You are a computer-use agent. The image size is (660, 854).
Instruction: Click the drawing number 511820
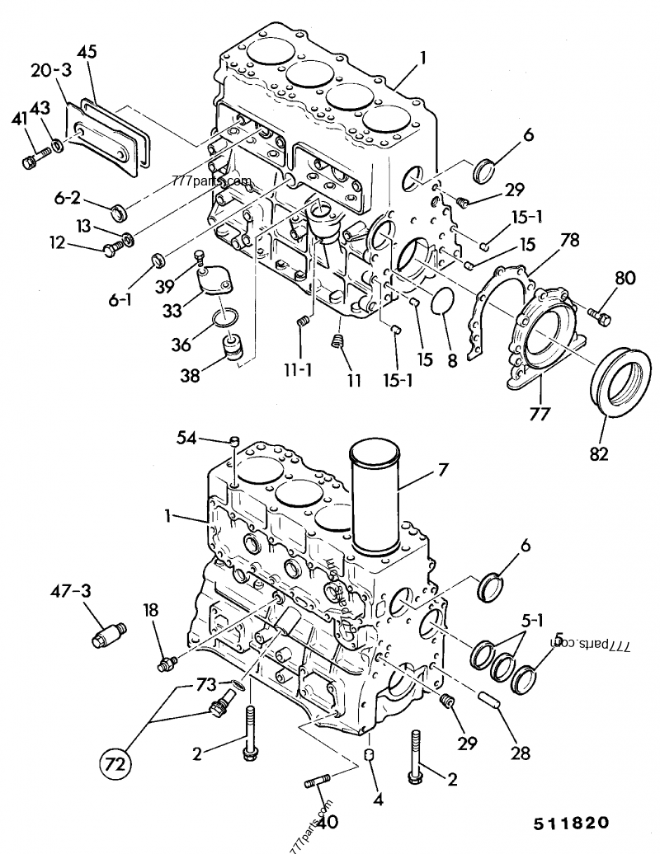pyautogui.click(x=570, y=823)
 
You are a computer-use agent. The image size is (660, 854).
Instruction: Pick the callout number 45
pyautogui.click(x=87, y=52)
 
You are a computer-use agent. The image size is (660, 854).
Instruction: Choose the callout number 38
pyautogui.click(x=191, y=377)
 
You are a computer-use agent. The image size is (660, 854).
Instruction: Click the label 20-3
pyautogui.click(x=47, y=72)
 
